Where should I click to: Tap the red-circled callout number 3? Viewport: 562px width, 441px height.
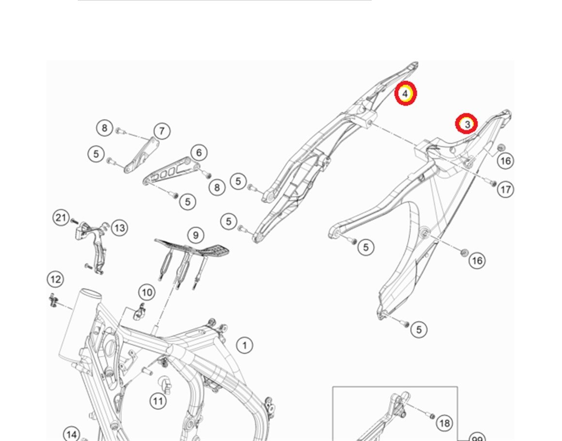coord(467,124)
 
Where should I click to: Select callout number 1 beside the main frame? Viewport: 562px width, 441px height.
coord(245,345)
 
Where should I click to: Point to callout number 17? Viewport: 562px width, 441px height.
coord(505,189)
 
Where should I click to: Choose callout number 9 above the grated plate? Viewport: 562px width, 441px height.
coord(195,235)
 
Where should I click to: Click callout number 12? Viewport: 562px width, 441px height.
coord(55,279)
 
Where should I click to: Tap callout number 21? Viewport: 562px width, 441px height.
coord(61,218)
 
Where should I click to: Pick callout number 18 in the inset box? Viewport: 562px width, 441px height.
coord(444,424)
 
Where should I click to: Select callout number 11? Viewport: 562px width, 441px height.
coord(157,400)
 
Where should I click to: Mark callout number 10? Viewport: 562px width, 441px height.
coord(147,292)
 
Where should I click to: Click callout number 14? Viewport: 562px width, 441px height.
coord(71,434)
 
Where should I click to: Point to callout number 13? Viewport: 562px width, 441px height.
coord(119,227)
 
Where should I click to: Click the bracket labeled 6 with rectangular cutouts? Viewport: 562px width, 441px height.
coord(170,172)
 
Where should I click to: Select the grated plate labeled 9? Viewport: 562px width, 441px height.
coord(194,247)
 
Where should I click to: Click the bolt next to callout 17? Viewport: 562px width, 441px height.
coord(493,183)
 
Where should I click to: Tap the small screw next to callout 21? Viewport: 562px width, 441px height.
coord(74,221)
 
